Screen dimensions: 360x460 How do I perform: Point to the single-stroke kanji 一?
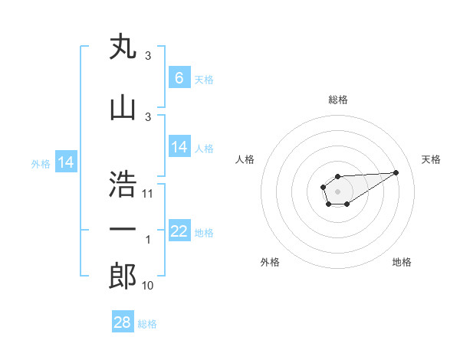click(x=123, y=228)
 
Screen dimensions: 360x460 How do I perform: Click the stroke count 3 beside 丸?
click(x=148, y=56)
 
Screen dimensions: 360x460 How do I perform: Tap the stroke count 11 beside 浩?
click(x=149, y=193)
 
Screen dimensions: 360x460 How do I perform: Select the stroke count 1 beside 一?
click(x=148, y=240)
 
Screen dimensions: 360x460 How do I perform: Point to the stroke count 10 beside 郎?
click(x=149, y=286)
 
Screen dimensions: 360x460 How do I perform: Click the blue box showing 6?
click(x=179, y=77)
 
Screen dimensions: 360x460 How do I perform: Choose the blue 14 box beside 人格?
click(x=179, y=147)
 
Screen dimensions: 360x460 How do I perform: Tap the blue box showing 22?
click(x=179, y=231)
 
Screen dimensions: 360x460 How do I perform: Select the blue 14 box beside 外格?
click(x=66, y=162)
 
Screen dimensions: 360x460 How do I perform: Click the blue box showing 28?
click(x=123, y=322)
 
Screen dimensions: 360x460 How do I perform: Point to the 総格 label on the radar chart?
click(x=338, y=100)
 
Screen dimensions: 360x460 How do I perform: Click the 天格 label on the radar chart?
click(x=431, y=159)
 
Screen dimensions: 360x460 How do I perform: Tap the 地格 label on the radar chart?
click(x=402, y=262)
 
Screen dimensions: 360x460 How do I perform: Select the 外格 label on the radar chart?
click(x=270, y=262)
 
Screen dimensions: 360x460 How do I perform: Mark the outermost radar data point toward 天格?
click(x=396, y=172)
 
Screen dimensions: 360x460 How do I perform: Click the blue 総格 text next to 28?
click(x=147, y=324)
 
